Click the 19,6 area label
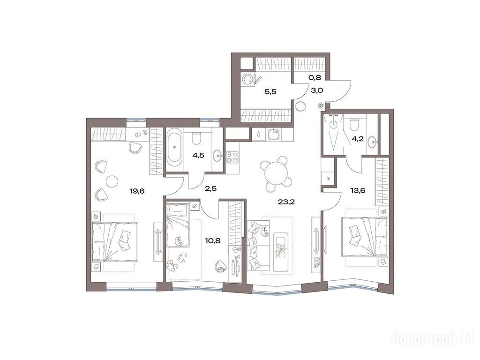[x=137, y=191]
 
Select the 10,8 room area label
[x=213, y=240]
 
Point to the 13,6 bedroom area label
[x=358, y=190]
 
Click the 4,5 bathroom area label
[x=198, y=155]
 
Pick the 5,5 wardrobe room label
[x=270, y=91]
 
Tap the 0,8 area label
[x=315, y=77]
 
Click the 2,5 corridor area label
[x=210, y=188]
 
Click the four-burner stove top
[x=232, y=157]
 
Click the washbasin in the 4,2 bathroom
[x=372, y=142]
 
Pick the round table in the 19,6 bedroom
[x=112, y=181]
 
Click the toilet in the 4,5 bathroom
[x=196, y=138]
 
